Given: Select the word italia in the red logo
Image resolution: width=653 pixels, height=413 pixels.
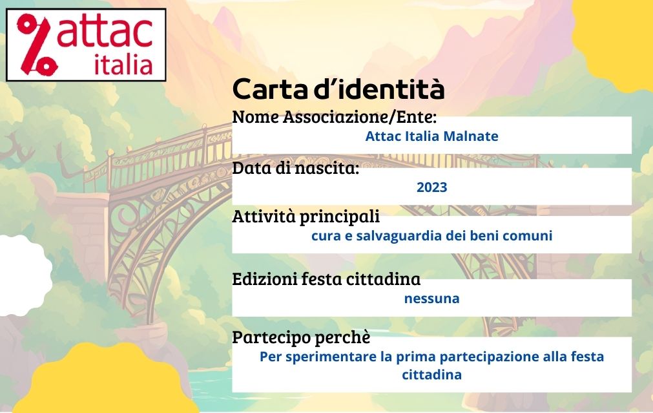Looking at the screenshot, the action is (x=123, y=65).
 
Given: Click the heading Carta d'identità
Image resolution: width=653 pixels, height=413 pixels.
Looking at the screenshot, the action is (x=338, y=89).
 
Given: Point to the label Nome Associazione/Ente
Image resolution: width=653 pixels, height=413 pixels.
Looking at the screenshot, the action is (x=334, y=117).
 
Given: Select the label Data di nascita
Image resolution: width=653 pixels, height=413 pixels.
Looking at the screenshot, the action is (x=295, y=168).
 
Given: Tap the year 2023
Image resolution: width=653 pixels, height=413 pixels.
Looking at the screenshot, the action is (x=432, y=187).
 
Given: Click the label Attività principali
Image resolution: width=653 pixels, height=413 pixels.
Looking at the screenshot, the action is (x=306, y=217).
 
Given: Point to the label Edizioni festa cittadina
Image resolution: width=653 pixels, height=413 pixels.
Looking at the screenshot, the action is (x=326, y=279).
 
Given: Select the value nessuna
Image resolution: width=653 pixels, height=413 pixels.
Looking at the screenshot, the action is (x=432, y=299).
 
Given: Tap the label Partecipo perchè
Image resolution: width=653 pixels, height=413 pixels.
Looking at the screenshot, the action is (x=301, y=337).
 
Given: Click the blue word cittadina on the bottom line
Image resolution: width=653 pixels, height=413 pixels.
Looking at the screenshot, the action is (x=432, y=375).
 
